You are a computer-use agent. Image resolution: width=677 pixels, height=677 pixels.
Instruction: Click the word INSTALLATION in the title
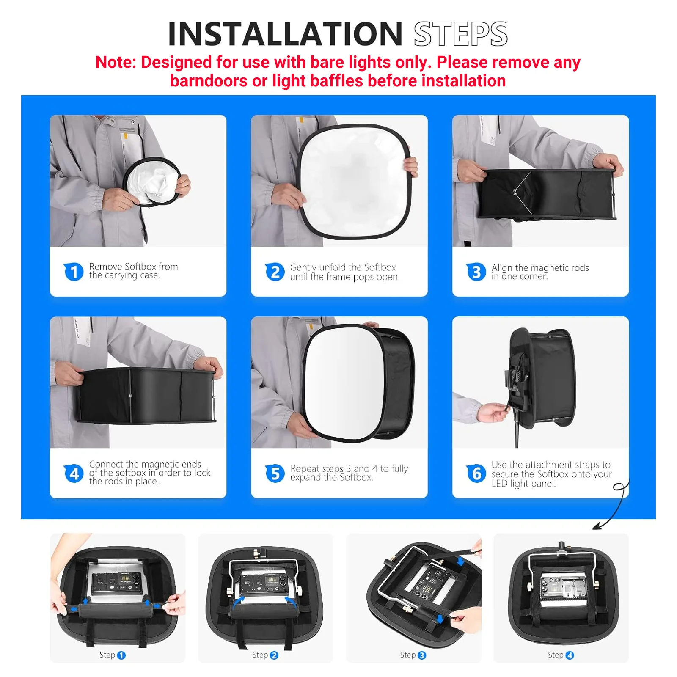click(x=285, y=34)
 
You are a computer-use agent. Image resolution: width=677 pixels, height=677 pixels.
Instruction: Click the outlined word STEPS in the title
click(x=460, y=34)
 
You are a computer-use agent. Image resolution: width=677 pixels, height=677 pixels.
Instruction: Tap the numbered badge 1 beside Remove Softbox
click(x=74, y=271)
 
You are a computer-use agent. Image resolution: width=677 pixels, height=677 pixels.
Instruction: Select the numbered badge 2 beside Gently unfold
click(x=275, y=272)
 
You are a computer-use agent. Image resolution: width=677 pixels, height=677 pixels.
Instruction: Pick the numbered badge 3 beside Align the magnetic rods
click(x=476, y=272)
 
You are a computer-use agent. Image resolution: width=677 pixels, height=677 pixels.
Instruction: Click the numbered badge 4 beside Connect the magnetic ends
click(x=74, y=473)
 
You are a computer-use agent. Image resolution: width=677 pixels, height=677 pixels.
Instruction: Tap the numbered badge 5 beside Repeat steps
click(x=275, y=473)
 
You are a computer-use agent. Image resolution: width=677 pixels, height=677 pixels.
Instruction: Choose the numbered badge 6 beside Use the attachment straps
click(x=476, y=473)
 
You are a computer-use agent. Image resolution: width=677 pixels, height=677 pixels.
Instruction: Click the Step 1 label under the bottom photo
click(x=112, y=655)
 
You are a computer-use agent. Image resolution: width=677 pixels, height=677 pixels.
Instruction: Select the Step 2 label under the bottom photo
click(x=265, y=655)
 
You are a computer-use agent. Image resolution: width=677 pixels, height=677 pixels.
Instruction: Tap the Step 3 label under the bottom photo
click(x=413, y=655)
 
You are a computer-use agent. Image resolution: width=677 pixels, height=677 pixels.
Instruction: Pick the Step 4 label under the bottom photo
click(x=560, y=655)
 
